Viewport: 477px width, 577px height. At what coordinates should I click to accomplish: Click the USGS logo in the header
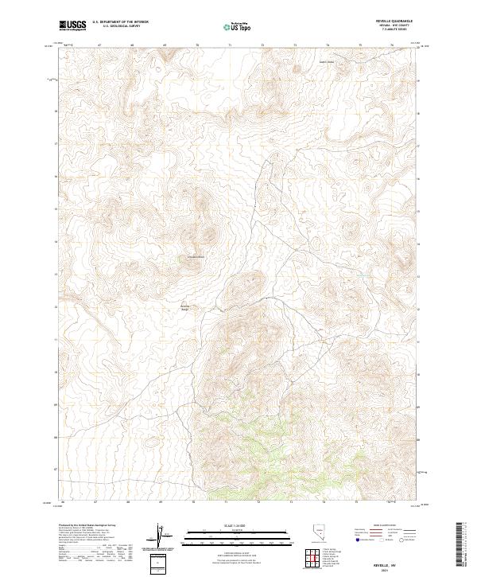72,25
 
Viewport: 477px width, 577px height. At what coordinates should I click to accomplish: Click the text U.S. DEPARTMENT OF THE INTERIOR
120,22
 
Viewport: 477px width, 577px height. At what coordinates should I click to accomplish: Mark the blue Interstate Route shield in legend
355,540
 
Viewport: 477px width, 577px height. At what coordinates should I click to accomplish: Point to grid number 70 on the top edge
196,45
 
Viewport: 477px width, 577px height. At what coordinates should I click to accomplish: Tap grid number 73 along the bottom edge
292,503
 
